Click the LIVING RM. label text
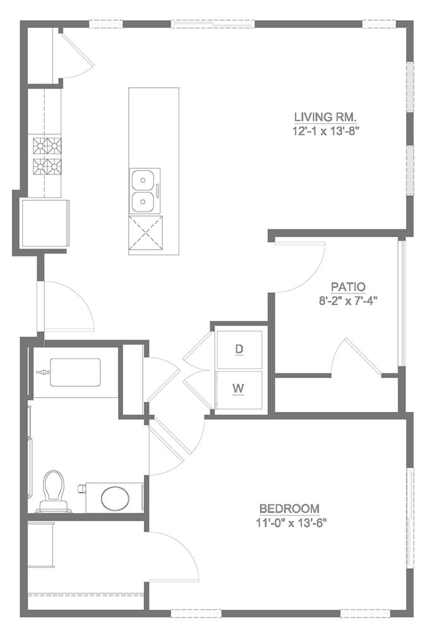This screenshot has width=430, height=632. point(326,117)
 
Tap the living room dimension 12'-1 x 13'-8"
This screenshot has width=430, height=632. point(326,131)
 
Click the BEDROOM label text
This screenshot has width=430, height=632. point(289,509)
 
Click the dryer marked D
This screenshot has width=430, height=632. point(239,349)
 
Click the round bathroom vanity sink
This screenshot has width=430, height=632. point(114,497)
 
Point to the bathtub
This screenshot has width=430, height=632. point(75,373)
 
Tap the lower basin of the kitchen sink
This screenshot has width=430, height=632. point(144,203)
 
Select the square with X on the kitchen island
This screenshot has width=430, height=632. point(145,234)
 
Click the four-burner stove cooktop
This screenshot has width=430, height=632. point(48,157)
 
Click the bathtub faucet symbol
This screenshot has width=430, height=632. point(42,373)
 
